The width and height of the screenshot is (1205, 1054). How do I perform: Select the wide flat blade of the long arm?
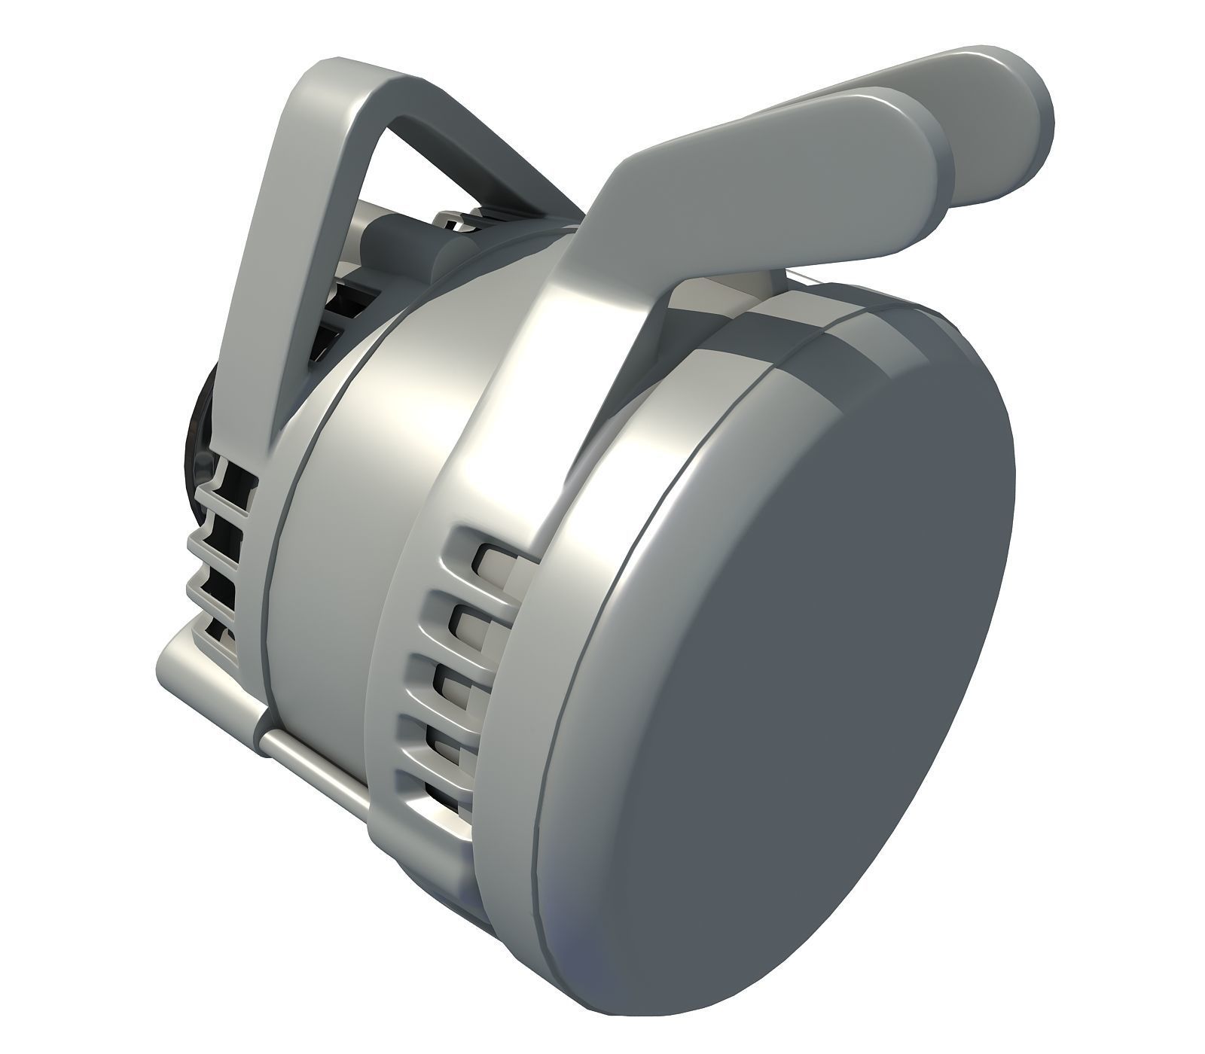[x=753, y=166]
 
